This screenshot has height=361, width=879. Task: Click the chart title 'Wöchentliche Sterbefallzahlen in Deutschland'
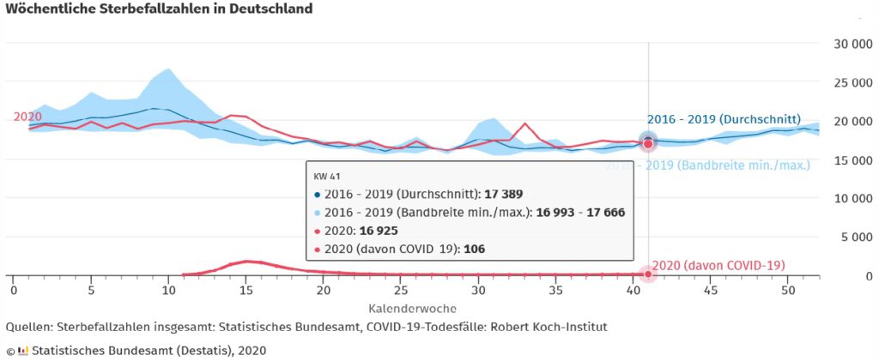point(160,9)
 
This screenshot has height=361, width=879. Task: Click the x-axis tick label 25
point(401,291)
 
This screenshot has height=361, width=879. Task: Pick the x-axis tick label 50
point(788,291)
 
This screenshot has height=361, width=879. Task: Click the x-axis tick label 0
point(14,291)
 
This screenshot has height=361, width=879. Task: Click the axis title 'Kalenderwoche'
point(412,307)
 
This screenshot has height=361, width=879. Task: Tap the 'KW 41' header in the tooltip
point(327,176)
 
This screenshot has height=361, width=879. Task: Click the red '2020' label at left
point(27,117)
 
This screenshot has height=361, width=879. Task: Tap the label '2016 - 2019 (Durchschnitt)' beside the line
point(723,119)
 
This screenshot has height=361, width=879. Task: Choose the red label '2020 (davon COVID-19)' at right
point(718,266)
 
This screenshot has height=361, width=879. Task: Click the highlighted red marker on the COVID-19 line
point(648,274)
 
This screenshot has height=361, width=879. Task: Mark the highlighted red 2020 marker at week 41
point(648,144)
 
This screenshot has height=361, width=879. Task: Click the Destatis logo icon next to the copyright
point(23,350)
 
